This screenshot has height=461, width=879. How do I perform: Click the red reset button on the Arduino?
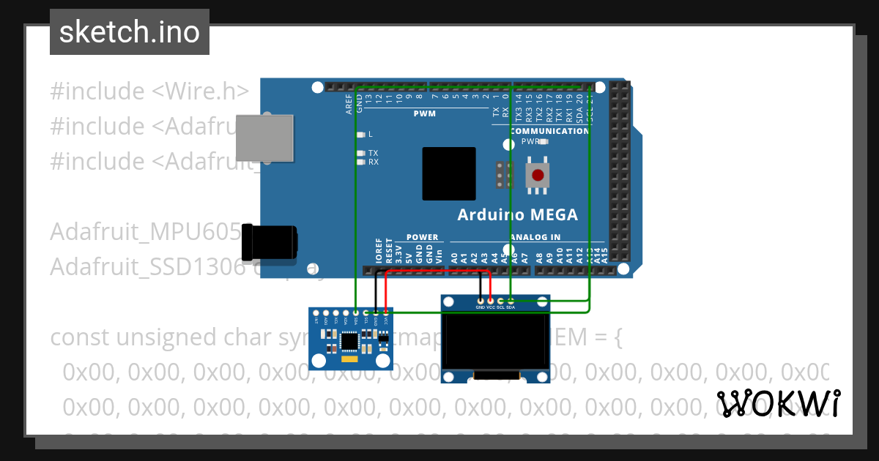538,176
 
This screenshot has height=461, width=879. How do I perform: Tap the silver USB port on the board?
264,138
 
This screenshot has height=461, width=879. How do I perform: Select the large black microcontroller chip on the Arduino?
448,173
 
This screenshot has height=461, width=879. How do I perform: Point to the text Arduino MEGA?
517,215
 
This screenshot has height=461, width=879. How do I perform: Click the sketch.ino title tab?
129,32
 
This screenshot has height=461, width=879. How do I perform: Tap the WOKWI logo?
778,403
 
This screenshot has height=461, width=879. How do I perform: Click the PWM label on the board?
424,114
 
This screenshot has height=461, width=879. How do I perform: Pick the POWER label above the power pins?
422,237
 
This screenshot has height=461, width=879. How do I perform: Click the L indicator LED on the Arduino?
360,135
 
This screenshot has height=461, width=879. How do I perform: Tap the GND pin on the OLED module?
481,301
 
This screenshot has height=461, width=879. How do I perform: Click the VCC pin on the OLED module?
490,301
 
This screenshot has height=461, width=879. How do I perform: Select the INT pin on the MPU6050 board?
316,313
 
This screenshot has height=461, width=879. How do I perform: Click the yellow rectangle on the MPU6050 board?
350,359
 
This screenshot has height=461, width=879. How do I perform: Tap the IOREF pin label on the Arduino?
379,250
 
